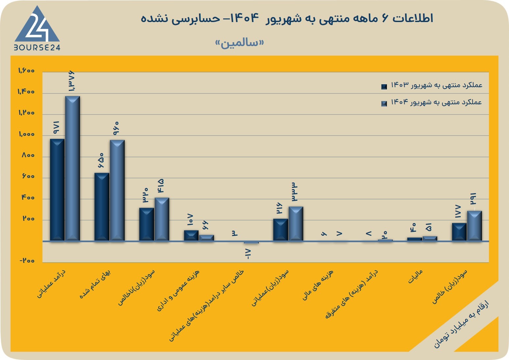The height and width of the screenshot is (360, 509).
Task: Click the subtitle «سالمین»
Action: (x=240, y=43)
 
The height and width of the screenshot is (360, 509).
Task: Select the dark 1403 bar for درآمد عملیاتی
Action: (x=57, y=190)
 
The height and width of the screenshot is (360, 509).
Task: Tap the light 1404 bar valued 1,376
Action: (x=72, y=168)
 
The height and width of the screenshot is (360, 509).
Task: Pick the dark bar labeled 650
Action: (x=102, y=207)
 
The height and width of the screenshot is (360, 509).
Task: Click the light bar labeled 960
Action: (x=117, y=190)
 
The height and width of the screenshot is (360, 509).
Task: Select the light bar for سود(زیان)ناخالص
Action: (x=162, y=219)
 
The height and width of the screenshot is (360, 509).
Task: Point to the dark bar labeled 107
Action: (x=191, y=236)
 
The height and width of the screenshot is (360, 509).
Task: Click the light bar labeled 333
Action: (x=296, y=224)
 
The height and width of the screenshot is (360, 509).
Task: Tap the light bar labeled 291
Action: (x=474, y=226)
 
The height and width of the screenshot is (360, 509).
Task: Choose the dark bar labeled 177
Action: (x=459, y=232)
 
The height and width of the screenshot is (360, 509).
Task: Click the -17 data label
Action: (x=248, y=254)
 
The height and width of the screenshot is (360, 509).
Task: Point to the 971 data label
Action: (x=56, y=127)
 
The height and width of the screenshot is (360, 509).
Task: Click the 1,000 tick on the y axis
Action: (x=27, y=134)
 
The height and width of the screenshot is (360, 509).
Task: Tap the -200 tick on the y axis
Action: (x=27, y=260)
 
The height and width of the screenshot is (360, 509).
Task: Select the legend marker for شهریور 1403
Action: (x=384, y=87)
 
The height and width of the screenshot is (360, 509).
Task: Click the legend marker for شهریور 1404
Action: (x=384, y=104)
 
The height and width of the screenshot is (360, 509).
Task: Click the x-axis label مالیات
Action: (x=416, y=276)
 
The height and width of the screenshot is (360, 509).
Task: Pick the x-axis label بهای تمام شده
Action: (x=95, y=284)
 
